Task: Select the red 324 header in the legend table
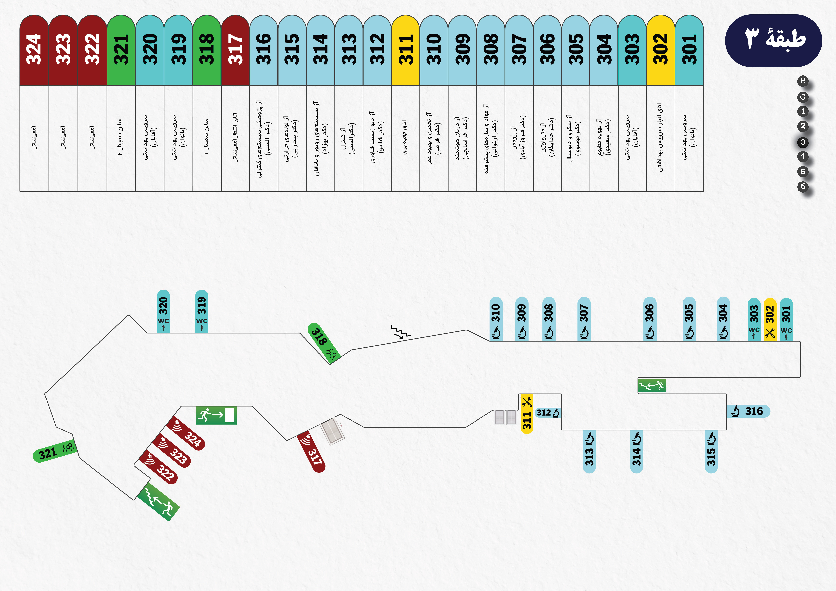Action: click(x=34, y=50)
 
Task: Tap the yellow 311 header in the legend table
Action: click(x=406, y=50)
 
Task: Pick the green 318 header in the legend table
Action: click(x=207, y=50)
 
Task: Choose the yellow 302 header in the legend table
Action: click(x=661, y=50)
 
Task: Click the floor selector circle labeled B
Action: click(x=802, y=81)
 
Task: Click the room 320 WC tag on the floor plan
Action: click(x=163, y=311)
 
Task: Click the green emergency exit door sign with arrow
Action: click(x=216, y=415)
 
